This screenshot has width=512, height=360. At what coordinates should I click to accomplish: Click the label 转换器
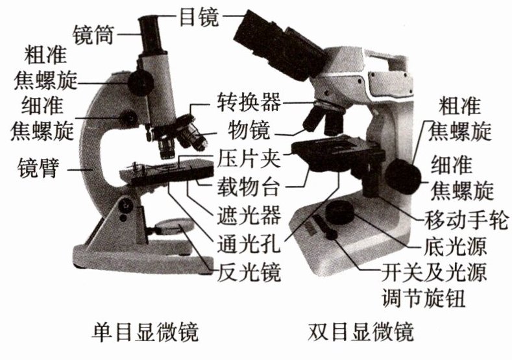(x=249, y=102)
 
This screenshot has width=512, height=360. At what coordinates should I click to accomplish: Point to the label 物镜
(x=249, y=131)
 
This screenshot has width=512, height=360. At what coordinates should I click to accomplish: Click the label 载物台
(x=249, y=187)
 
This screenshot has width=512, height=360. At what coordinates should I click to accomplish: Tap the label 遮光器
(x=249, y=216)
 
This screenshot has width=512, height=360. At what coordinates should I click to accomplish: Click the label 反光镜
(x=249, y=272)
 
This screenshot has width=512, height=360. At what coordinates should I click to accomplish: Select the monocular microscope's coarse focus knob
(x=140, y=81)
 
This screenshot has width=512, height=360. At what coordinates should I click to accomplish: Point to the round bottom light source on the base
(x=339, y=211)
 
